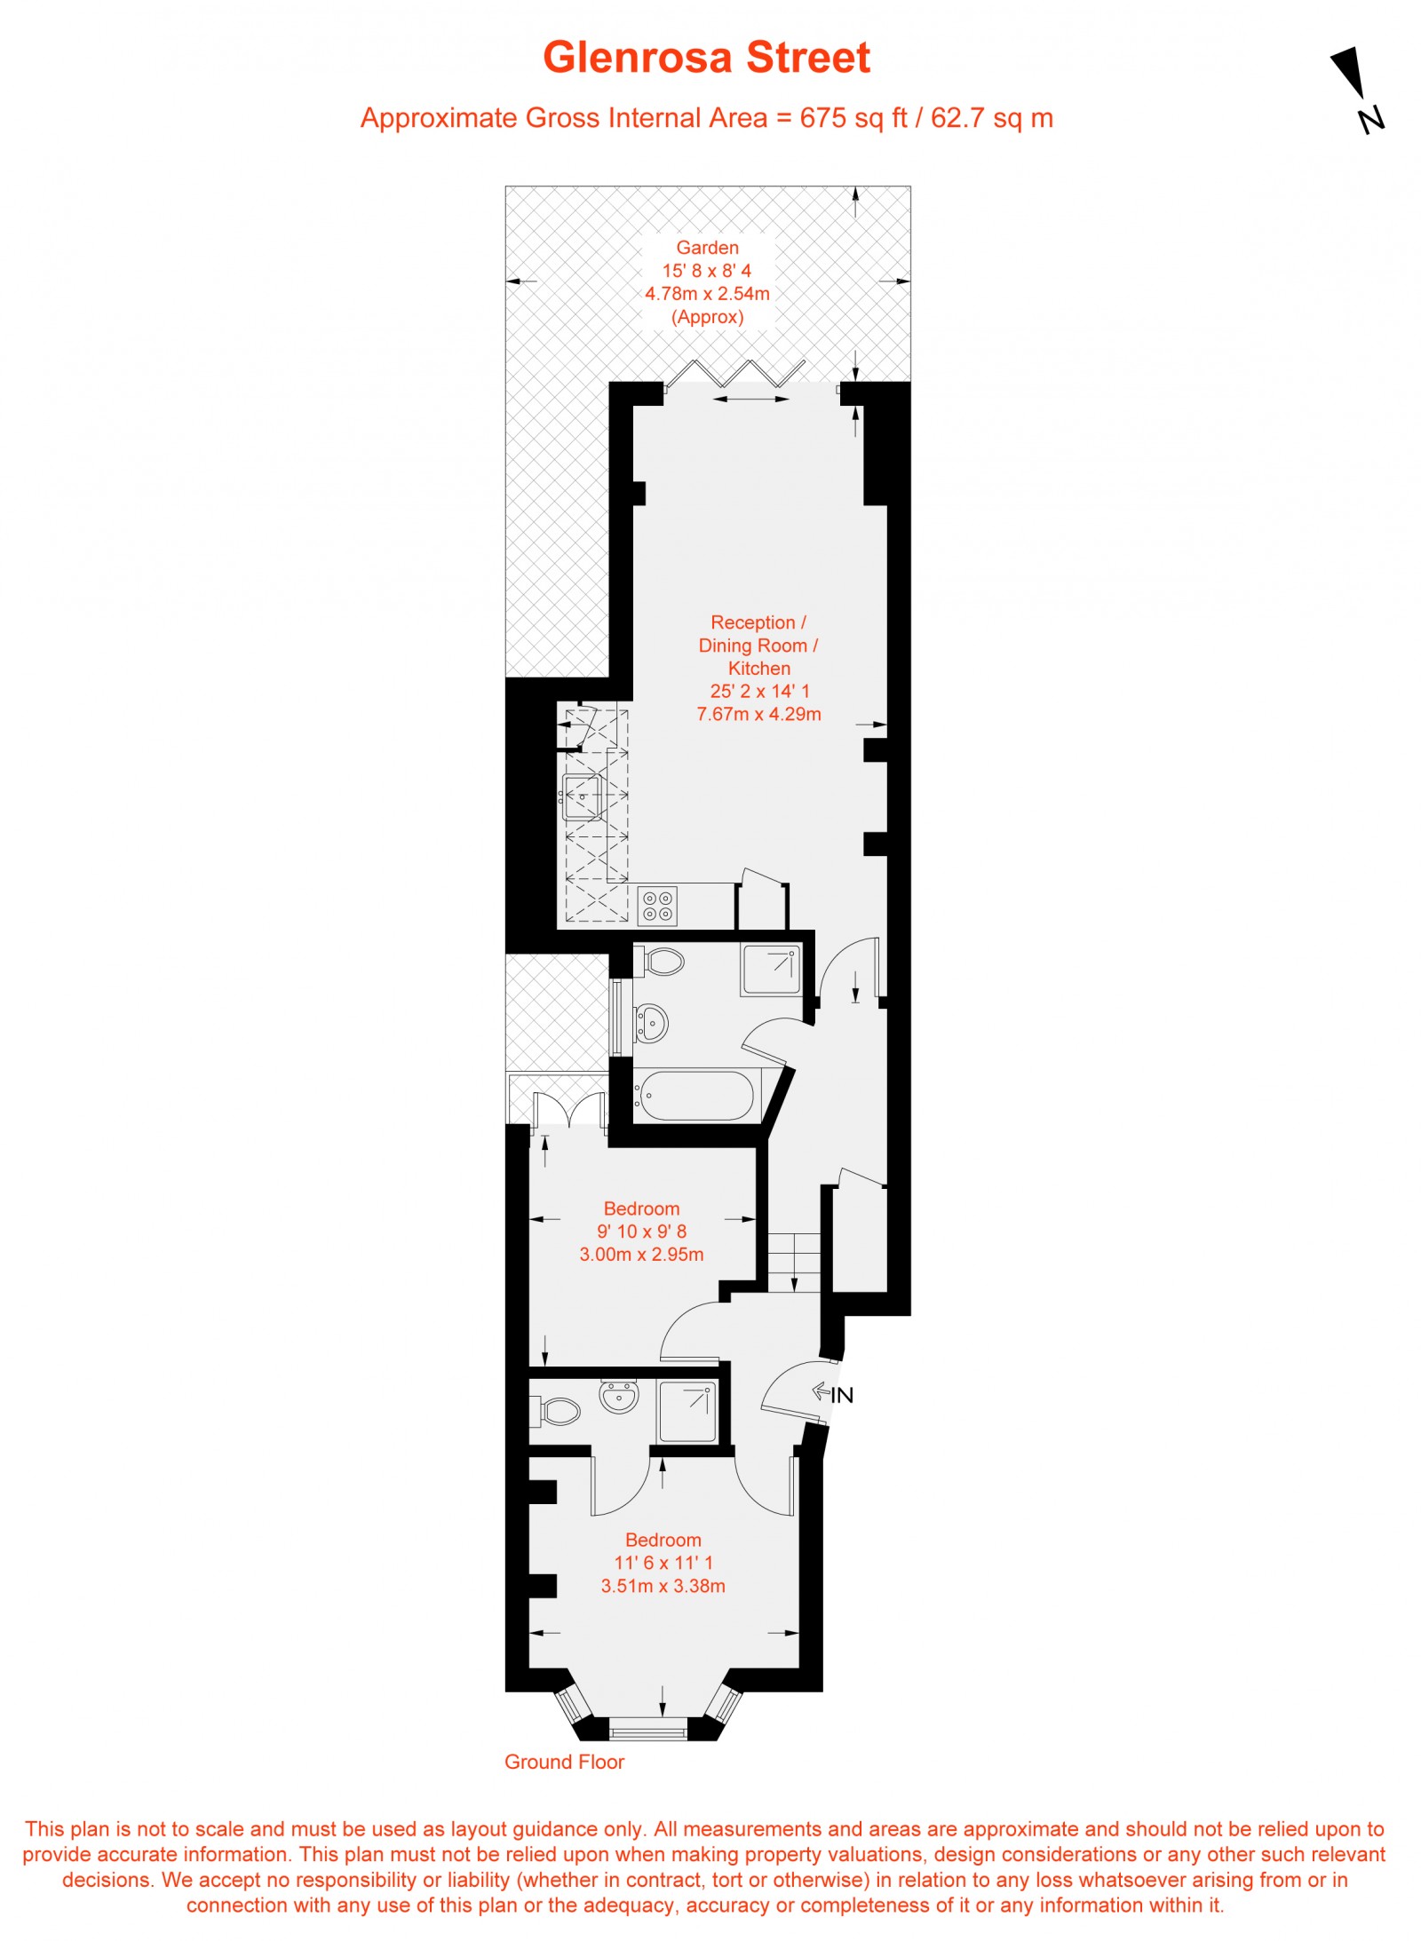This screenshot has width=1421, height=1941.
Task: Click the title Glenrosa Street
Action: click(x=706, y=58)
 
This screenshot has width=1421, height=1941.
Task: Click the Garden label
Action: click(x=707, y=248)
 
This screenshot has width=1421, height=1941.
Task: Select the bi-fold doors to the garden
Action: click(x=735, y=374)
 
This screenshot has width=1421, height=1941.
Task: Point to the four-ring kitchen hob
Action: click(x=658, y=905)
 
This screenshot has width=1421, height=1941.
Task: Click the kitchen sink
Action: click(x=582, y=796)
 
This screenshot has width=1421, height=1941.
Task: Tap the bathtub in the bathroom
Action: click(x=696, y=1095)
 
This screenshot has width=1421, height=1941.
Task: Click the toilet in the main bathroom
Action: click(x=662, y=961)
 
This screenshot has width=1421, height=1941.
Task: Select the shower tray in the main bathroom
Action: click(x=770, y=970)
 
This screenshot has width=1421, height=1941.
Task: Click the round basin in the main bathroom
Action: click(x=652, y=1023)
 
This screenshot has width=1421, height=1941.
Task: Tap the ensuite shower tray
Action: click(x=687, y=1410)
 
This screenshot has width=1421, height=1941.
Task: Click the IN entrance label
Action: click(x=841, y=1395)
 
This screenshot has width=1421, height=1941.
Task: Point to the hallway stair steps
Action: click(x=794, y=1261)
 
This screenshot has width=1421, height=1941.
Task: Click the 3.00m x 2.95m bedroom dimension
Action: click(x=641, y=1255)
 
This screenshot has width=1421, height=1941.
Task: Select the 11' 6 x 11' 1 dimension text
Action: click(x=663, y=1563)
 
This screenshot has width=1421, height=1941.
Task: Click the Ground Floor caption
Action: click(x=564, y=1762)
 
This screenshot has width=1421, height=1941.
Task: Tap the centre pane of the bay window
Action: click(x=648, y=1728)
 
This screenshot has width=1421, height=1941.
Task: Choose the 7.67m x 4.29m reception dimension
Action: click(x=758, y=714)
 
